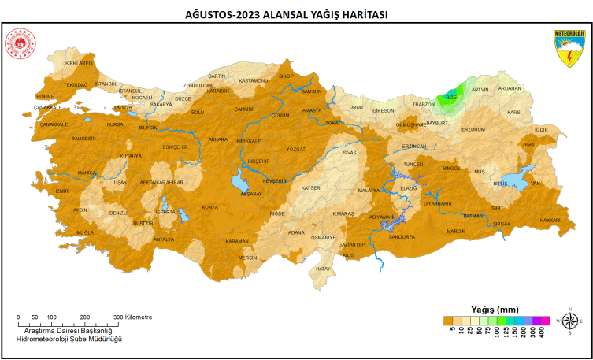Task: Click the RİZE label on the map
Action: click(x=451, y=98)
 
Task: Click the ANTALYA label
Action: click(x=163, y=239)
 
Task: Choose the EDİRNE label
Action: click(x=49, y=96)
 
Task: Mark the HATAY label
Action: click(x=323, y=269)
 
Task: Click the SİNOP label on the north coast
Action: click(x=286, y=76)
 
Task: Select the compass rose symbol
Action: click(x=569, y=320)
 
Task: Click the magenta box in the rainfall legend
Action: click(x=540, y=321)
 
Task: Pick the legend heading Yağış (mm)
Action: click(x=494, y=309)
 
